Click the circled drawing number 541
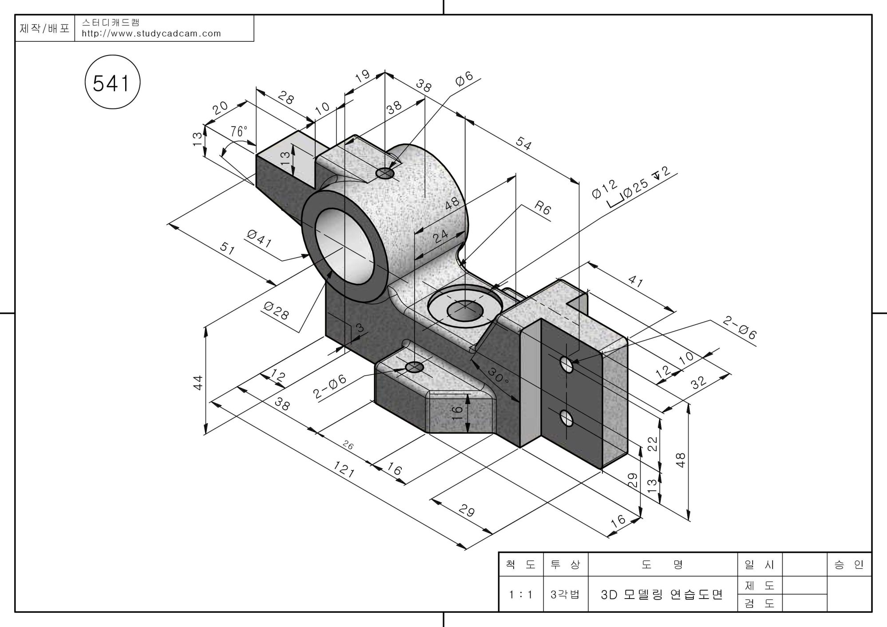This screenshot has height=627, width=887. pos(112,83)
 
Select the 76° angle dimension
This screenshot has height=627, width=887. pos(239,131)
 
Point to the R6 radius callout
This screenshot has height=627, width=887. pos(542,207)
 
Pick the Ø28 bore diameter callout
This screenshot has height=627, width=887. pos(276,310)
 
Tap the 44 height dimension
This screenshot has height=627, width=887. pos(198,383)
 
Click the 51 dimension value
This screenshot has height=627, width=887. pos(227,248)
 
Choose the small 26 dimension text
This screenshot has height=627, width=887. pos(348,445)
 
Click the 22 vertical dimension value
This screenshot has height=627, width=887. pos(652,444)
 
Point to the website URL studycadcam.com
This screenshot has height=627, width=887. pos(151,34)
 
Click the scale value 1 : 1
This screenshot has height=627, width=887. pos(521,594)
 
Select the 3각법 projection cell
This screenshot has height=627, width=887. pos(565,594)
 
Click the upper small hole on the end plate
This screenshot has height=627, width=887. pos(566,364)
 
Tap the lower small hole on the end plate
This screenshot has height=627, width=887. pos(566,417)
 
